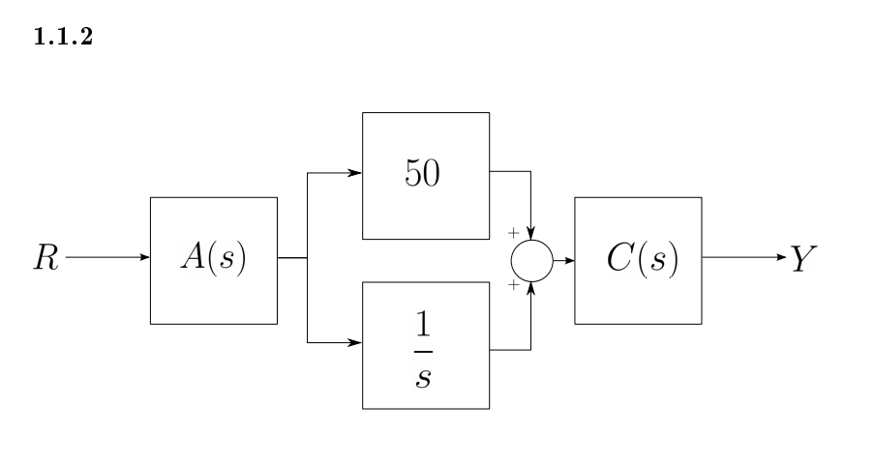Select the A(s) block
coord(214,260)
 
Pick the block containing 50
coord(426,175)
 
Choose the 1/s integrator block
coord(426,345)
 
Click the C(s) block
coord(638,260)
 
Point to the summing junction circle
coord(532,260)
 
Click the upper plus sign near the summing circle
coord(513,233)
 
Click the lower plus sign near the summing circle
coord(513,287)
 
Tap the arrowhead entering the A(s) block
coord(144,259)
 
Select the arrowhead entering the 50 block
coord(356,175)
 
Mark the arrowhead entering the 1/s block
coord(356,343)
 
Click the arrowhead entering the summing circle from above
coord(530,236)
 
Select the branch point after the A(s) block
coord(307,259)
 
